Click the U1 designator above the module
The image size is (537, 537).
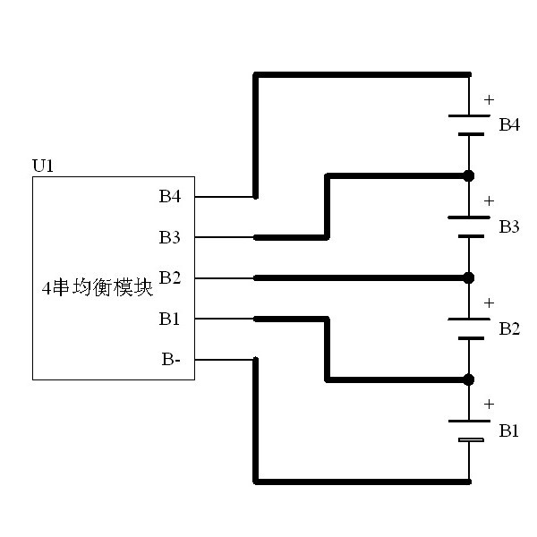click(43, 166)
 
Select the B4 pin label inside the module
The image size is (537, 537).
click(170, 197)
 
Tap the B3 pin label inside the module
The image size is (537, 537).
click(170, 237)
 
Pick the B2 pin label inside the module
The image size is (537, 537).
click(170, 277)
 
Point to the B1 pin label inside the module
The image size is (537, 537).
click(170, 319)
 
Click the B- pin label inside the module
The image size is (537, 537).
click(172, 359)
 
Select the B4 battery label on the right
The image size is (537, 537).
click(509, 124)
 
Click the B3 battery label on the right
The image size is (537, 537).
click(509, 226)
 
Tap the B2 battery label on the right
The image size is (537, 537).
click(509, 328)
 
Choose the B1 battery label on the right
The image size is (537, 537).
click(509, 430)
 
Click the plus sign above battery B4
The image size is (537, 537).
click(488, 99)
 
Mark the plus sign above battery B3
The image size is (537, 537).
click(488, 201)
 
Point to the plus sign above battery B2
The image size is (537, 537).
click(488, 303)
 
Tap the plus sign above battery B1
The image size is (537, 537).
click(488, 405)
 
